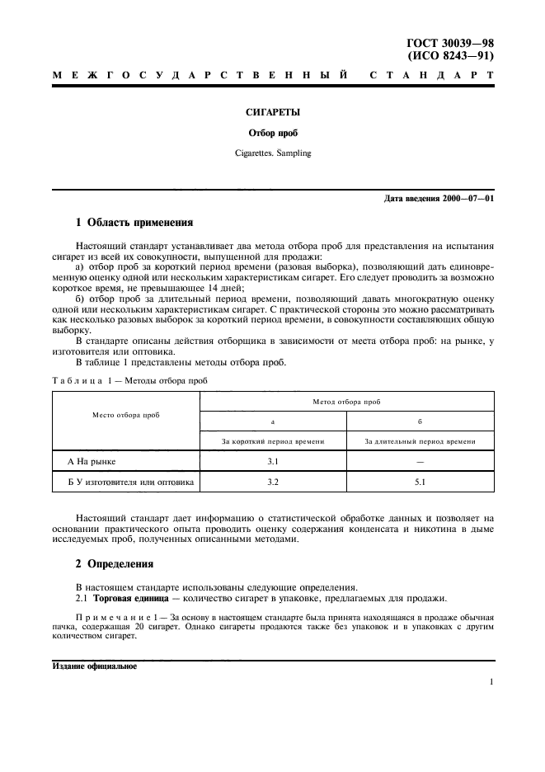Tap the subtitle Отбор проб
point(272,134)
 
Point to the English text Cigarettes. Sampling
point(272,153)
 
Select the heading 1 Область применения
point(134,222)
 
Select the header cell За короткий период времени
point(273,441)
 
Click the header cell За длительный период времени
point(420,441)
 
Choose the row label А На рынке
point(92,461)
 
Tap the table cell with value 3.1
point(273,461)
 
